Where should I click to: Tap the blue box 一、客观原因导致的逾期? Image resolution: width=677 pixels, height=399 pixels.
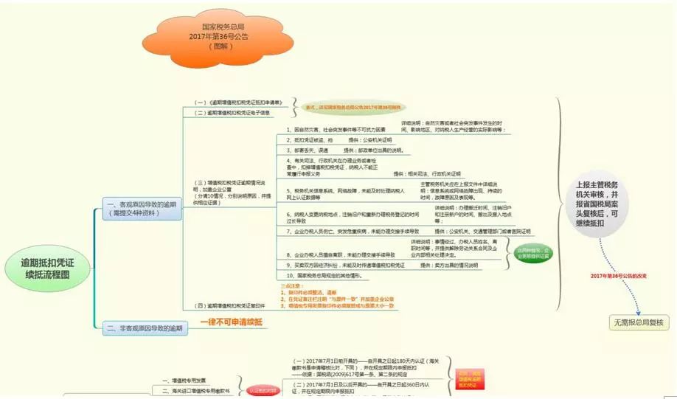pos(142,209)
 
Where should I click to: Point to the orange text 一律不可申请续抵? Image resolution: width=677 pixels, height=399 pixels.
pos(232,323)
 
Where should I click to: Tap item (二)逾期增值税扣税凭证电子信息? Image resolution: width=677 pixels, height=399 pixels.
pos(232,113)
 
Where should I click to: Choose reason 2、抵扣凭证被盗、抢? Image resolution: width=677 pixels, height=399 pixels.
pos(314,139)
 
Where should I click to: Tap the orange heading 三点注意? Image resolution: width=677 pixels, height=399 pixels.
pos(294,285)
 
